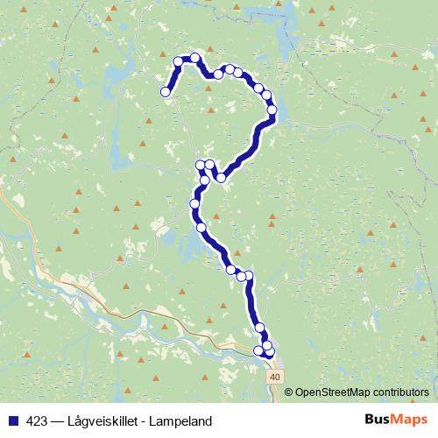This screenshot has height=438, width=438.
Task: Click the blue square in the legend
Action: (14, 421)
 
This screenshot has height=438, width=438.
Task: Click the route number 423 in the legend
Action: (38, 421)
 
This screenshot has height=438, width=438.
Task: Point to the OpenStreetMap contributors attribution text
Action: (361, 392)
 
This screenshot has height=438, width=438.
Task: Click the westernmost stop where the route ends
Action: (165, 91)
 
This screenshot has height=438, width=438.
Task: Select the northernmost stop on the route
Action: (195, 58)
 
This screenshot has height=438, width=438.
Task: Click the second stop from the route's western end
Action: (178, 61)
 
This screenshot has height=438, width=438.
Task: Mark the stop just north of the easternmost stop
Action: (267, 95)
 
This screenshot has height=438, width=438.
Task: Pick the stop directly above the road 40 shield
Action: (269, 352)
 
